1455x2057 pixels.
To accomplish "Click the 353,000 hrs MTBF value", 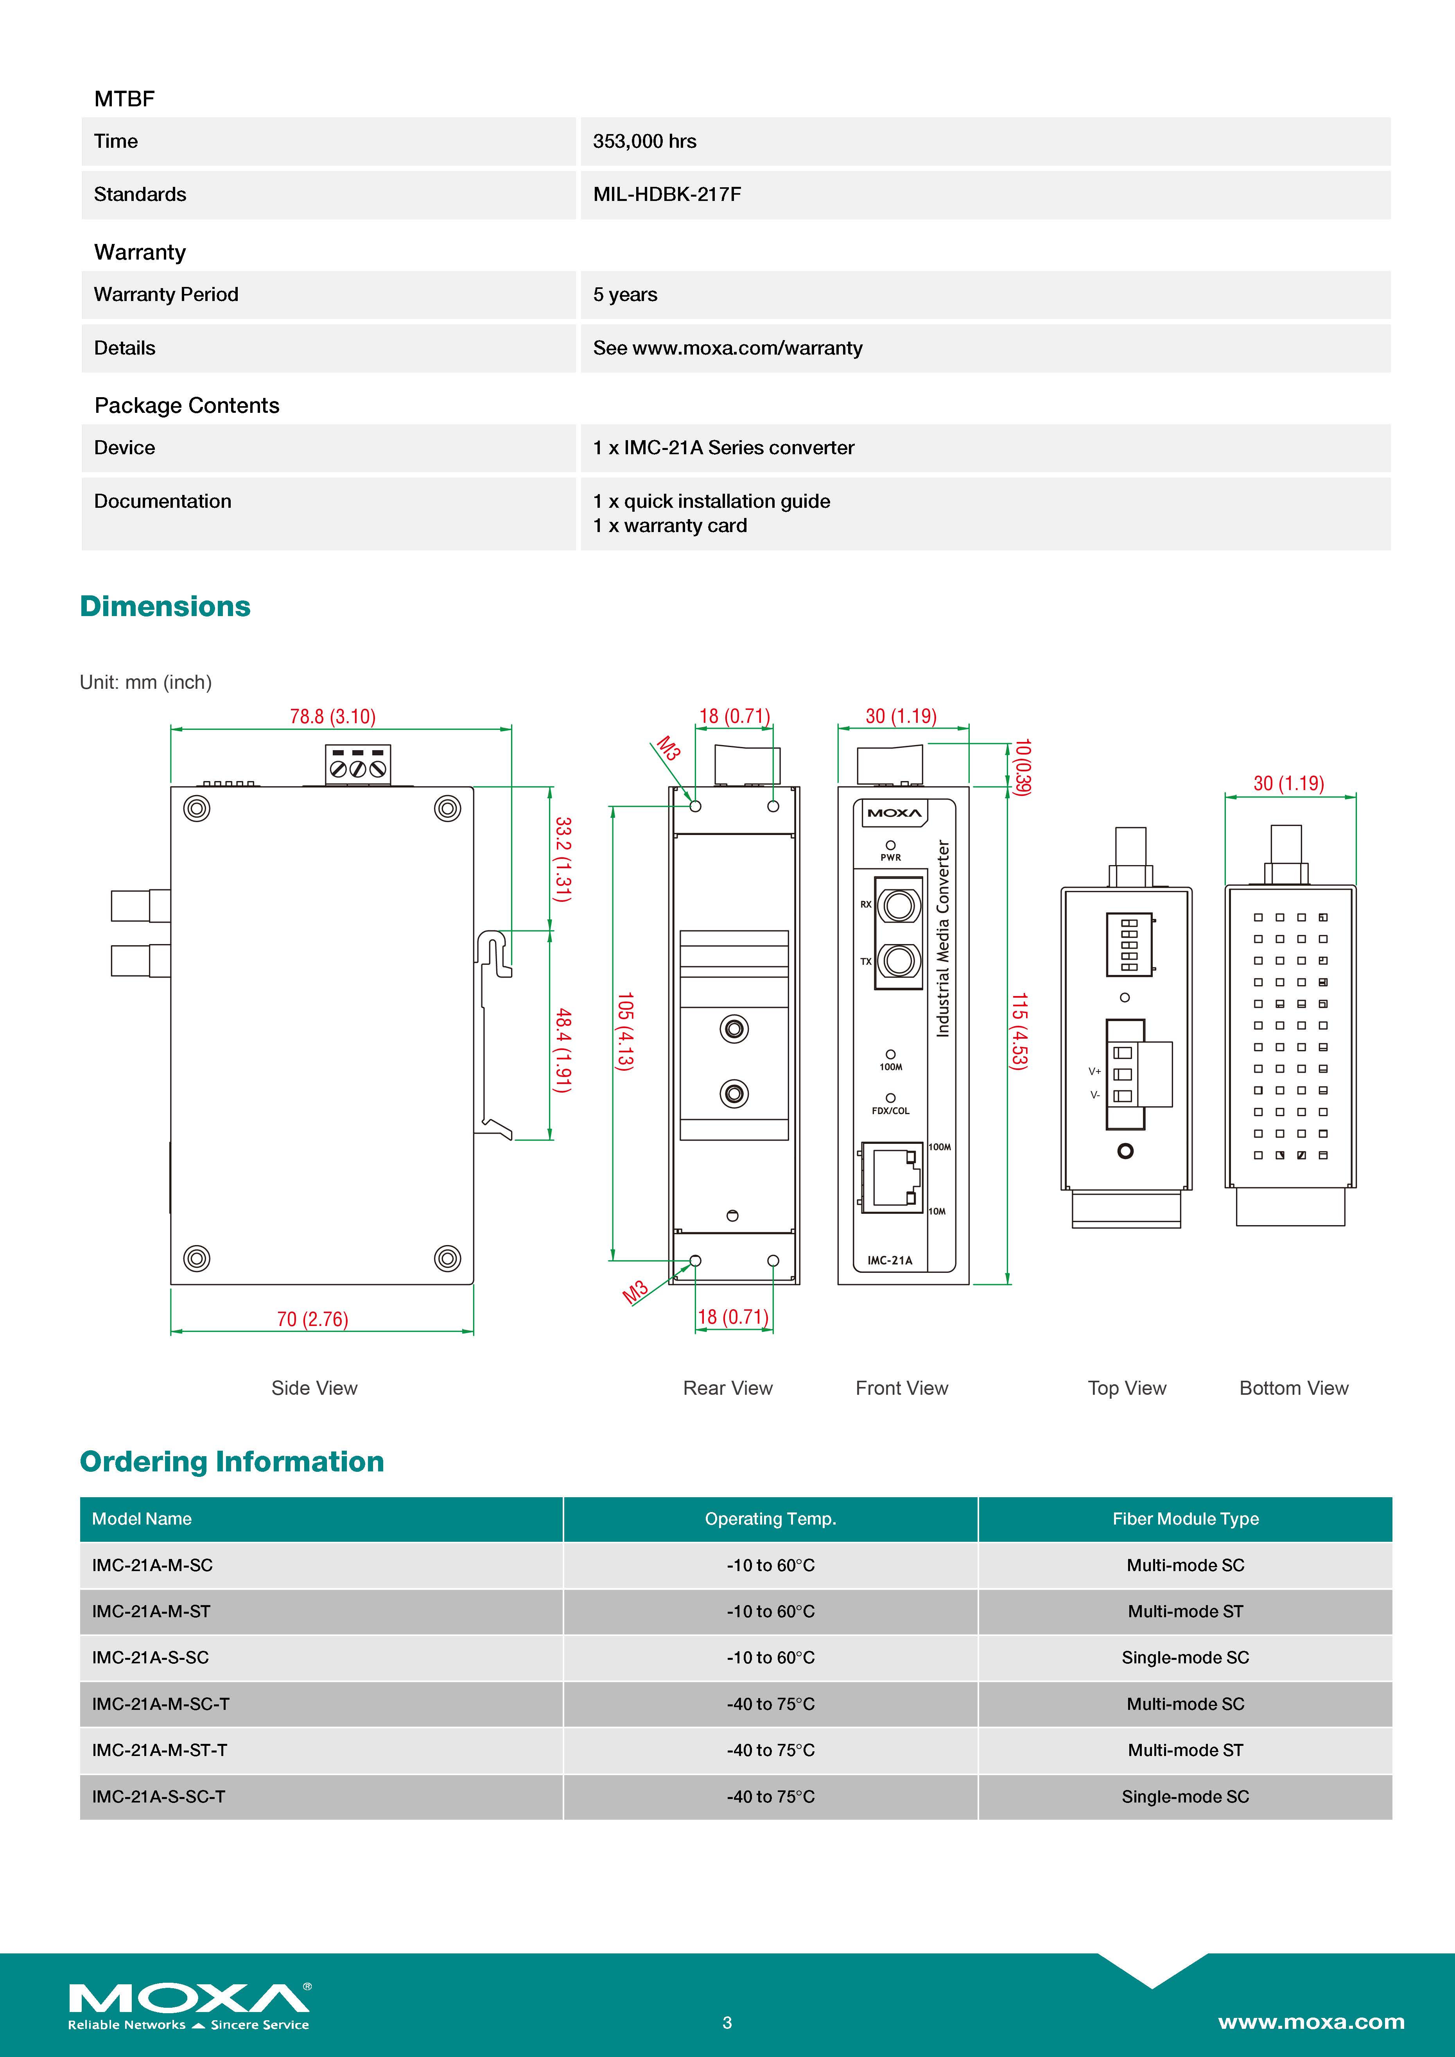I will [644, 142].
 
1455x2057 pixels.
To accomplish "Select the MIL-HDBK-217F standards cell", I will [667, 194].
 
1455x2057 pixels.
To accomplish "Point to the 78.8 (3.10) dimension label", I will [332, 717].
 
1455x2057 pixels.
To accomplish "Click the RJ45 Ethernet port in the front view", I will [892, 1177].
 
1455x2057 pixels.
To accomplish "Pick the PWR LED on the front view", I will [891, 845].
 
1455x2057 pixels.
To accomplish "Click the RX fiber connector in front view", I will [898, 905].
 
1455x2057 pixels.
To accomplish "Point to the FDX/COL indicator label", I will [891, 1111].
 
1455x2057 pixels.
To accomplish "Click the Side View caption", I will [314, 1388].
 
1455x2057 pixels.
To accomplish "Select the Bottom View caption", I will [1293, 1388].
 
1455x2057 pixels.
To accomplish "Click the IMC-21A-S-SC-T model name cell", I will [159, 1796].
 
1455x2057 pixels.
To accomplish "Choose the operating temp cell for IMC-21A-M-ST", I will [770, 1611].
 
